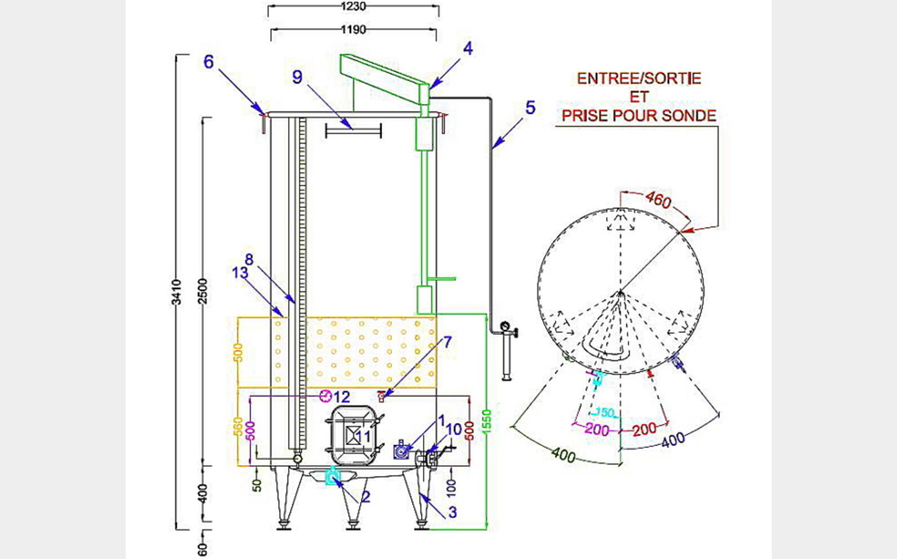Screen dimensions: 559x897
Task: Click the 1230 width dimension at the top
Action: (353, 7)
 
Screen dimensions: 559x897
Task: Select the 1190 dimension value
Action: (353, 29)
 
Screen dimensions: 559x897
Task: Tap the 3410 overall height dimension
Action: (177, 292)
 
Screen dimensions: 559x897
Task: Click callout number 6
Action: (209, 61)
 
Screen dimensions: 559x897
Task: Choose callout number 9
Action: (297, 77)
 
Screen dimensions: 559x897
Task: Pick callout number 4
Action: (468, 49)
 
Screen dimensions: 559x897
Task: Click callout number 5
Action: (530, 107)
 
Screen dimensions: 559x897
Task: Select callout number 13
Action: (240, 273)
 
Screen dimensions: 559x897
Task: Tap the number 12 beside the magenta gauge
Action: (342, 397)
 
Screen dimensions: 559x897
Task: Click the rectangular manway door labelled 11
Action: (353, 435)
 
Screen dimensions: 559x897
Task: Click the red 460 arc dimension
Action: (658, 200)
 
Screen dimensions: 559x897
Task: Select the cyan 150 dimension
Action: (605, 413)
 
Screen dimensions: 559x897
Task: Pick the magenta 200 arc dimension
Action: (596, 429)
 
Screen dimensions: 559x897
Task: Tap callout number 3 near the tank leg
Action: (452, 512)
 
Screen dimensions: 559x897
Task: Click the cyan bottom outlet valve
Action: (333, 477)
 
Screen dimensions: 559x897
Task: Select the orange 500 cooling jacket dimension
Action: (238, 353)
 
